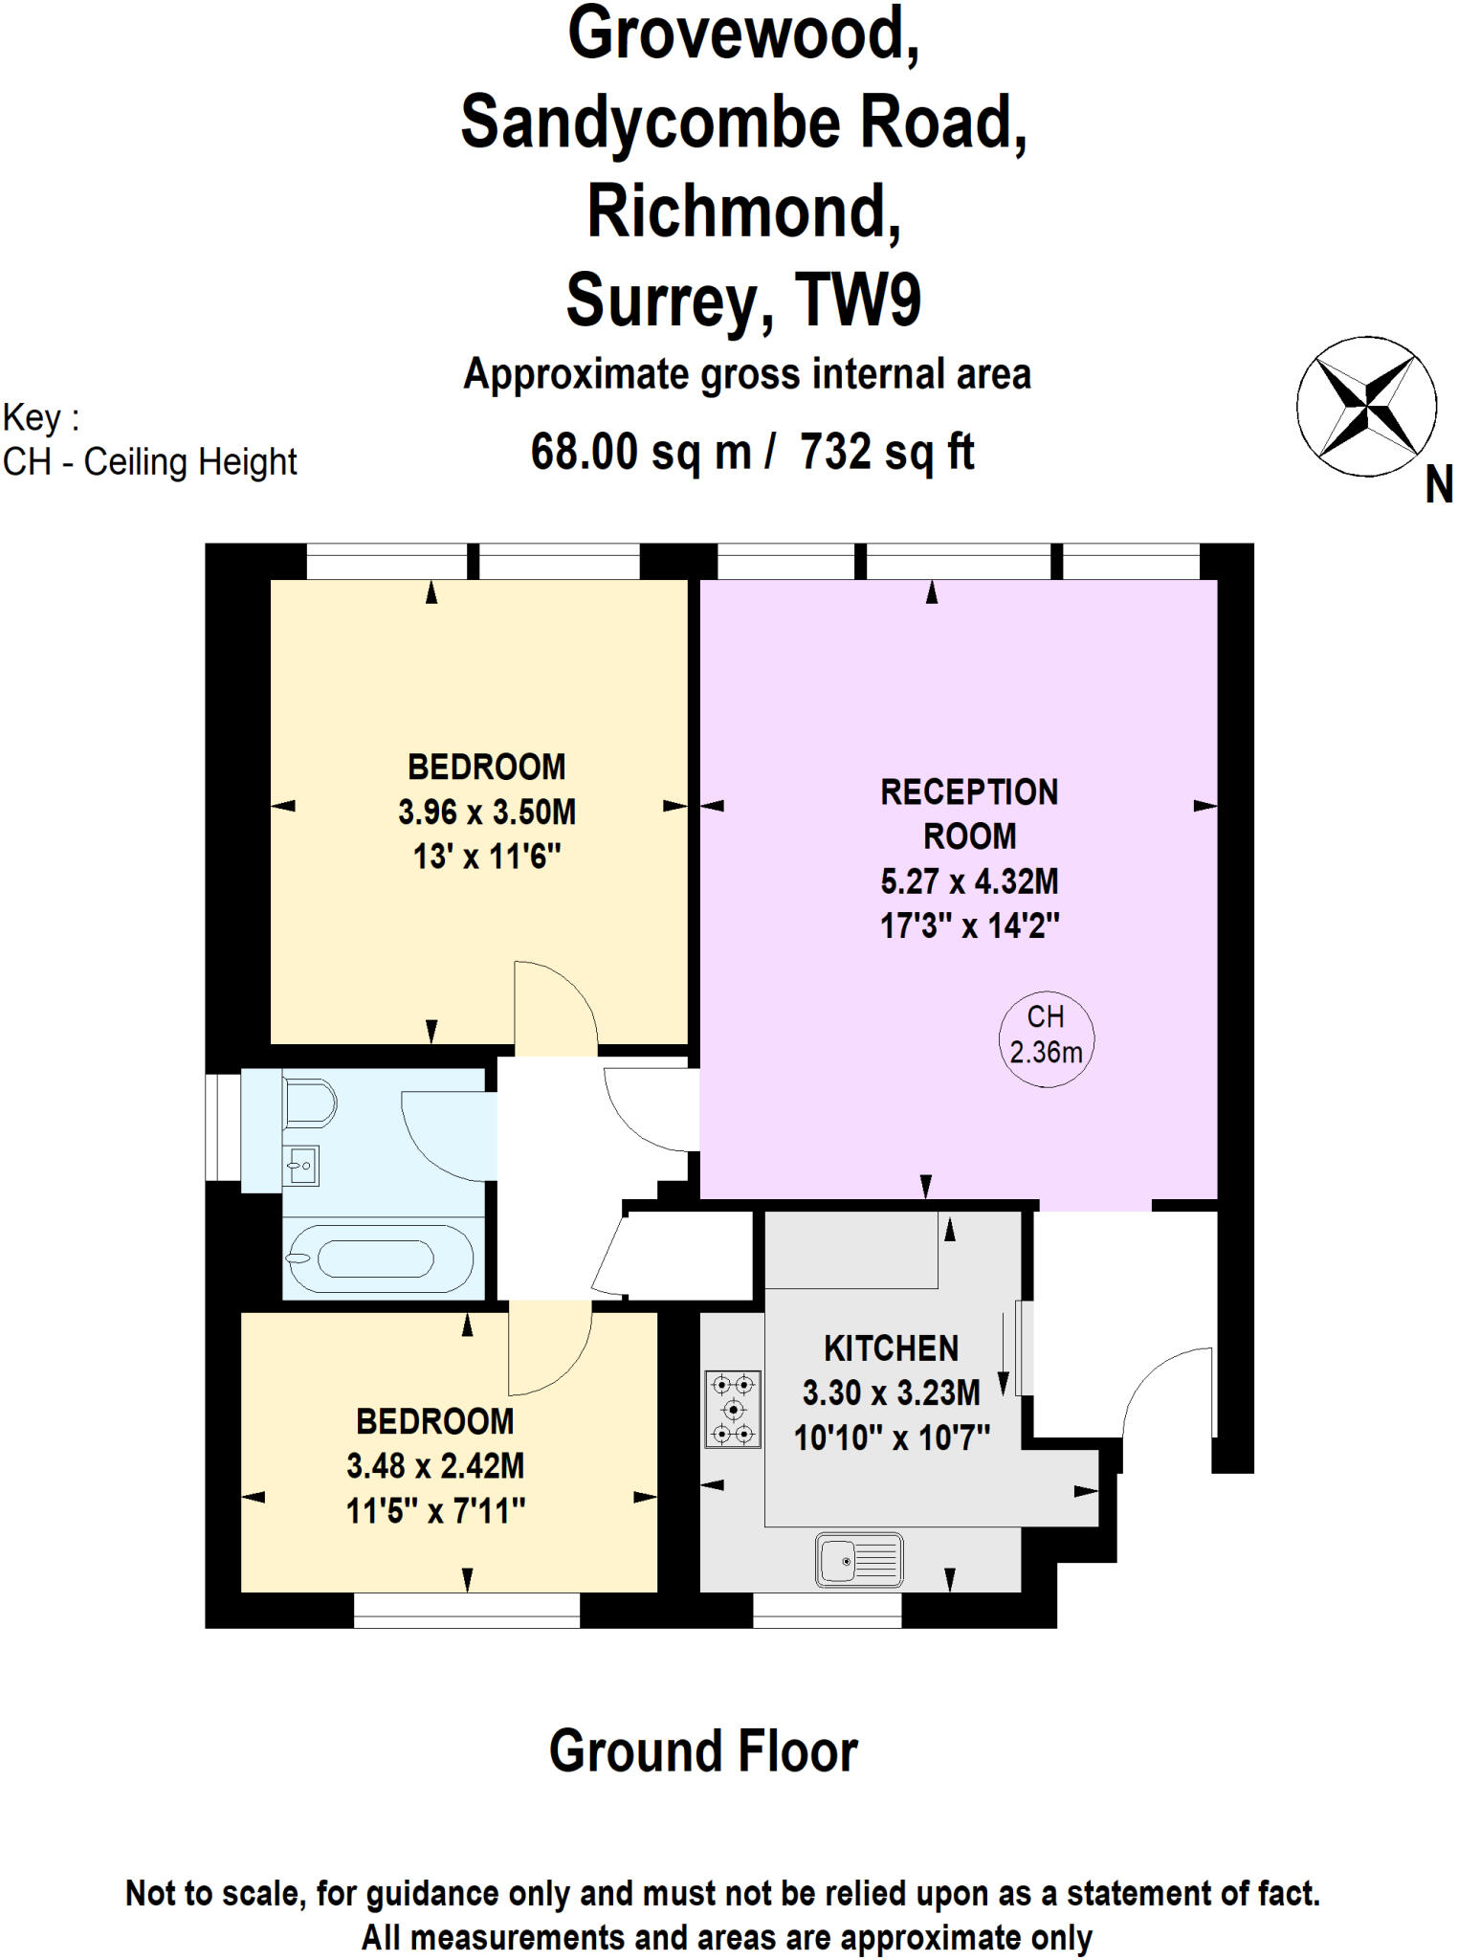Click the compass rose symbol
(x=1366, y=406)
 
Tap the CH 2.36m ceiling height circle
(x=1046, y=1037)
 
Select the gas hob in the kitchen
(x=733, y=1409)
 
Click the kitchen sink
(x=858, y=1560)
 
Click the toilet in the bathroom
(x=308, y=1103)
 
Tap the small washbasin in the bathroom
(x=301, y=1166)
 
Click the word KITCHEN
(x=891, y=1348)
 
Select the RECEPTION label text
(x=969, y=792)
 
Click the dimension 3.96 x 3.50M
(x=487, y=813)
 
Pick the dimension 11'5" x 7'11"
(x=435, y=1511)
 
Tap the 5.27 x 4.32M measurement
(x=969, y=881)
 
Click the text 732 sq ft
(x=886, y=452)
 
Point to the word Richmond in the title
(x=743, y=212)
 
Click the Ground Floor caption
(x=703, y=1751)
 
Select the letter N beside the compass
(x=1438, y=486)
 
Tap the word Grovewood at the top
(x=743, y=33)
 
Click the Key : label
(x=41, y=418)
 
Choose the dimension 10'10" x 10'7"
(x=891, y=1437)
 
